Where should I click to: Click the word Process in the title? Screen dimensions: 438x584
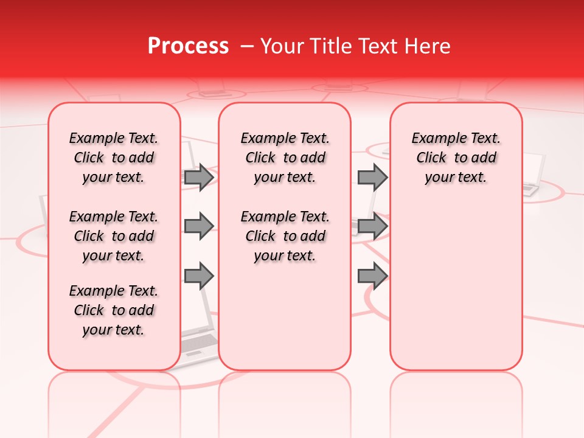point(188,46)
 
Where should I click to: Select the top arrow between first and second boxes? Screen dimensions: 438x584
point(199,177)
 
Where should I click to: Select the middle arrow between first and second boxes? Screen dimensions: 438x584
point(199,226)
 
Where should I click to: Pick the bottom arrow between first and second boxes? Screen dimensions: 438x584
point(199,276)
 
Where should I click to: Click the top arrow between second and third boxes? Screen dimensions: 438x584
point(372,177)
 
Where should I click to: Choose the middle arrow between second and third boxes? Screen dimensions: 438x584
point(372,226)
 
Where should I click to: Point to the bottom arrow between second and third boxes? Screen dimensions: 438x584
point(372,276)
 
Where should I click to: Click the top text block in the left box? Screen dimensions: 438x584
point(114,158)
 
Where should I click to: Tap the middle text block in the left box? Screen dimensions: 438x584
point(114,236)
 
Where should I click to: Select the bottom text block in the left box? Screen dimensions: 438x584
point(114,310)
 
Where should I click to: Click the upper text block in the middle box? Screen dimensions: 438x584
point(285,158)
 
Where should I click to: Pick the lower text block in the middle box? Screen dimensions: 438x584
point(285,236)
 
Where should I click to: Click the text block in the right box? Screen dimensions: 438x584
point(456,158)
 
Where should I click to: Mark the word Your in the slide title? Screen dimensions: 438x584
point(282,46)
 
